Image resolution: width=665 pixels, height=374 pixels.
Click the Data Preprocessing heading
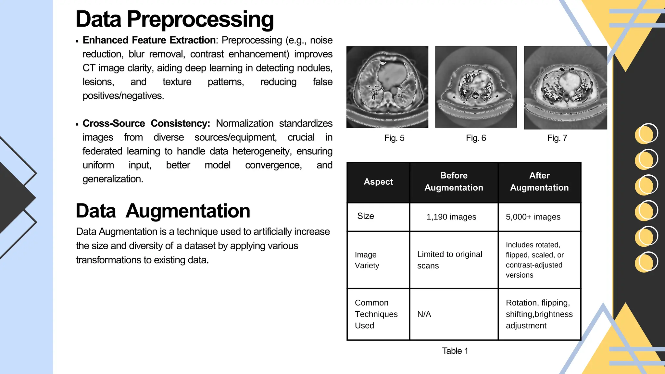coord(175,19)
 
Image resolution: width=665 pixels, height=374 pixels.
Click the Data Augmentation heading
coord(163,211)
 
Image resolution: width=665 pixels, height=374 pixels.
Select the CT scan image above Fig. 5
coord(387,87)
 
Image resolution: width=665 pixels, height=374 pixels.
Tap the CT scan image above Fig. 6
coord(476,87)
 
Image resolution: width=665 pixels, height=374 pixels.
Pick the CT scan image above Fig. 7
coord(565,88)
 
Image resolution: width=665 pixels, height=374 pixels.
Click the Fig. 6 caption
coord(476,138)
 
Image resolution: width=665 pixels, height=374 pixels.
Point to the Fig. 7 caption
coord(557,138)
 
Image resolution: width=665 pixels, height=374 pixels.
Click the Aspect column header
coord(378,182)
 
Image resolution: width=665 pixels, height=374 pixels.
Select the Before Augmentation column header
coord(454,181)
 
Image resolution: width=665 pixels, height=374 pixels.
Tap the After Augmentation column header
coord(539,181)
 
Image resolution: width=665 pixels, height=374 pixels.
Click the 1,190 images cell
coord(451,217)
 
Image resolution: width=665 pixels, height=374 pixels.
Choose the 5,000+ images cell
coord(533,217)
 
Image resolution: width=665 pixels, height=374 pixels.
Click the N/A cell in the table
coord(424,314)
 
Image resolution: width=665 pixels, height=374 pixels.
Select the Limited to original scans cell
coord(449,260)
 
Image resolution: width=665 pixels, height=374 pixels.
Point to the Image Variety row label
coord(367,260)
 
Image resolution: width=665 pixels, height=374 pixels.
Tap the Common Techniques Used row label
coord(376,314)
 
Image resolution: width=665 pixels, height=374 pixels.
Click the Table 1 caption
coord(455,351)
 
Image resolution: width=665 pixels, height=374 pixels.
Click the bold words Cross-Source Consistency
coord(146,123)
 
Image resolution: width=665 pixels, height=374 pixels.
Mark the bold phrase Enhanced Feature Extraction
coord(149,40)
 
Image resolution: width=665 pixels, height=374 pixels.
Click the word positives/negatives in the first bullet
coord(123,96)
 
